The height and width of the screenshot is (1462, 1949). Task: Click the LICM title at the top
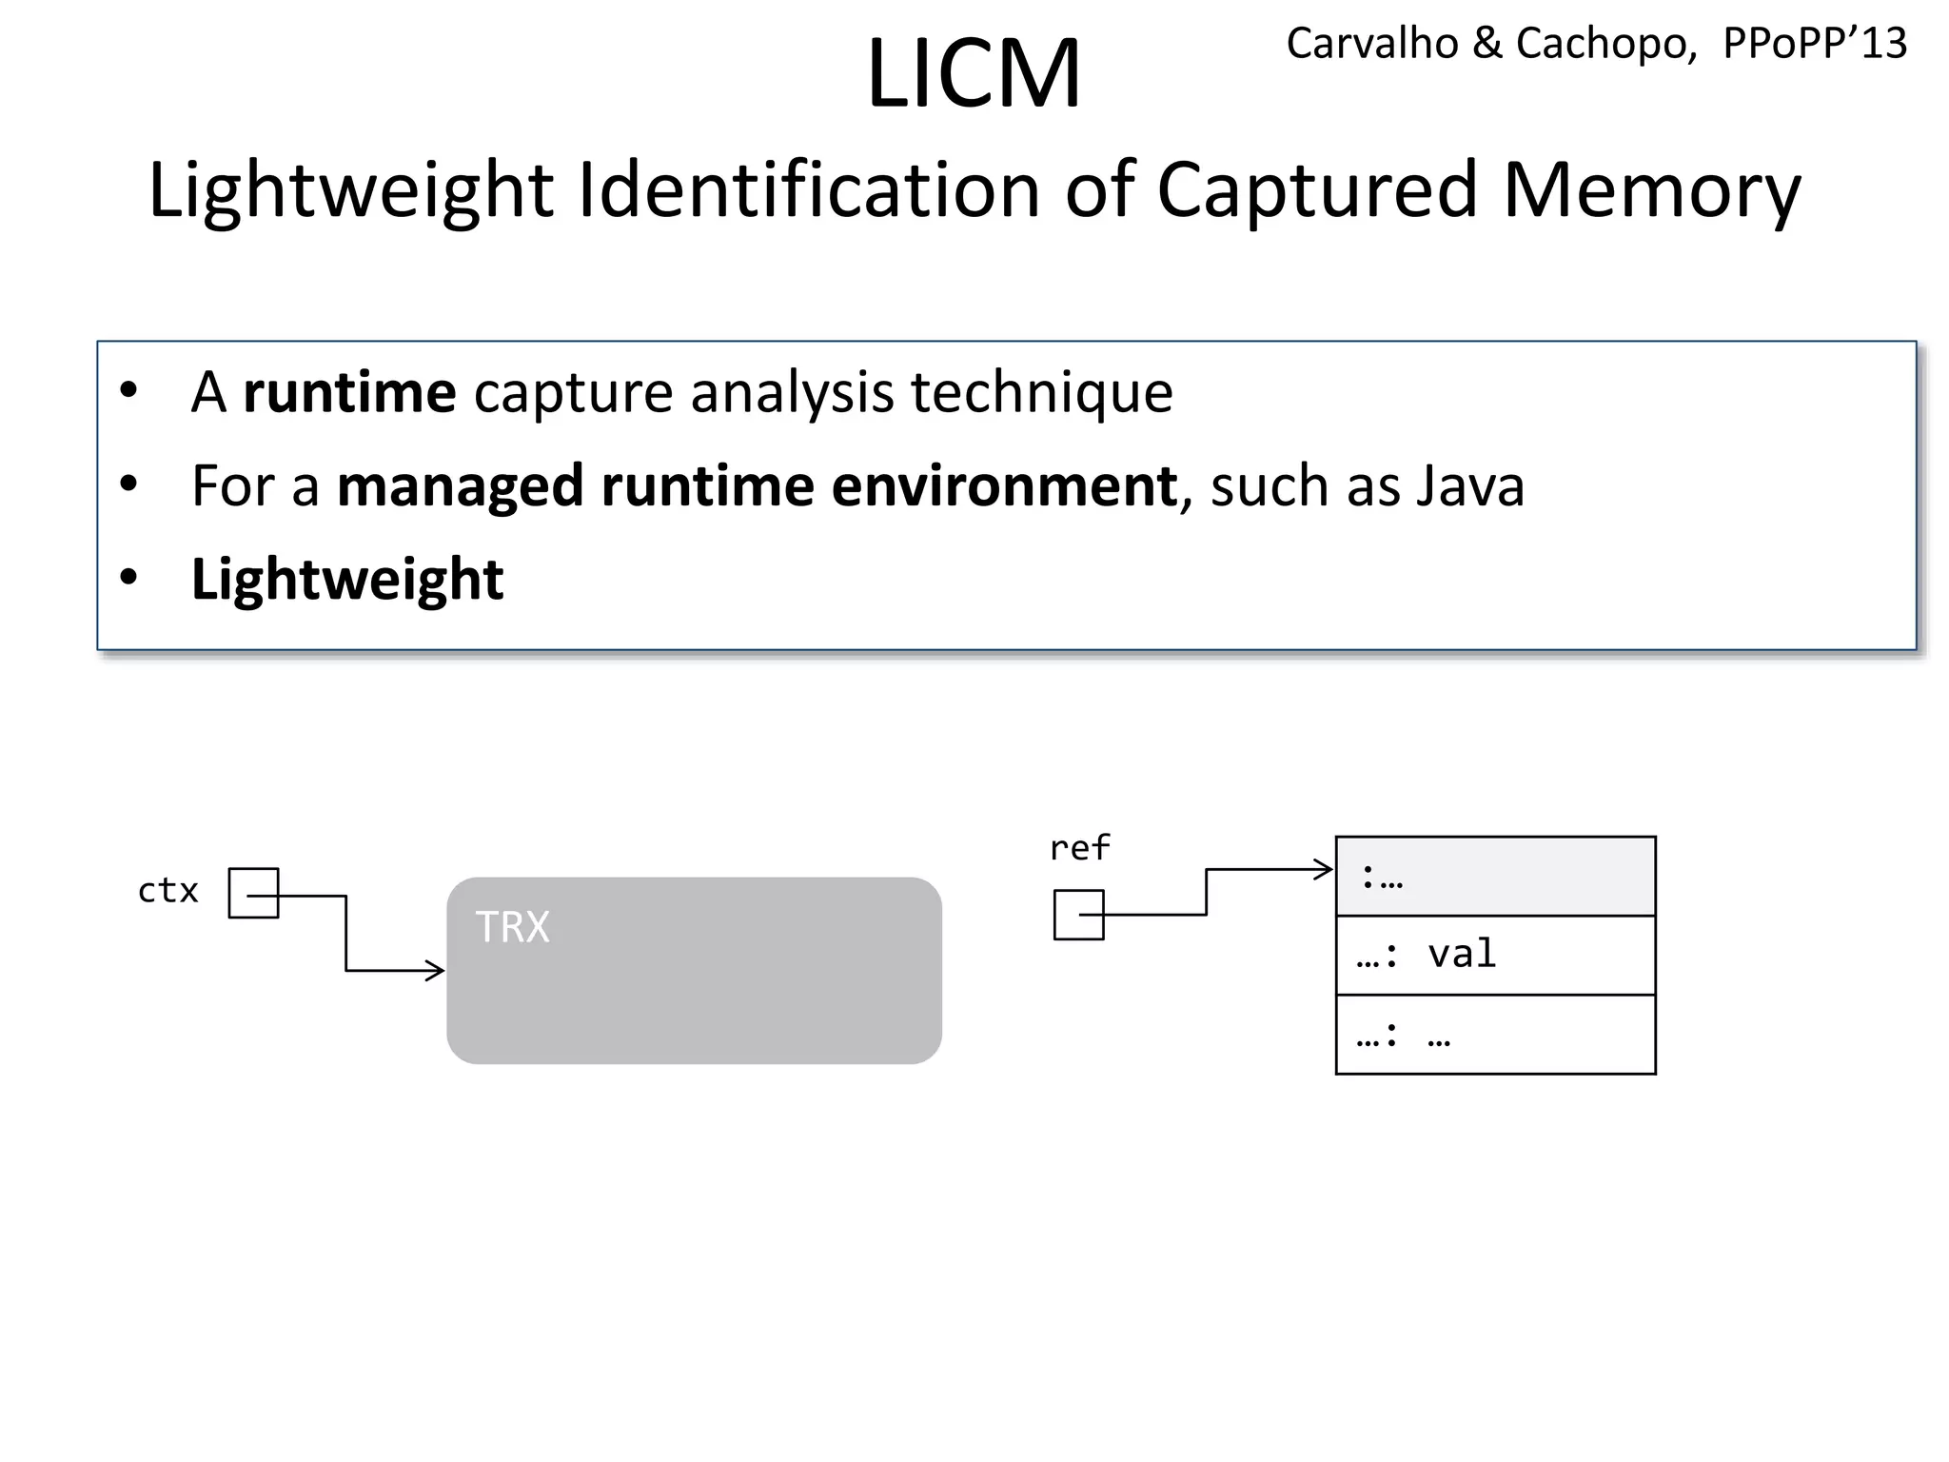pos(974,74)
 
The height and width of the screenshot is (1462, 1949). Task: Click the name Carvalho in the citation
pos(1371,44)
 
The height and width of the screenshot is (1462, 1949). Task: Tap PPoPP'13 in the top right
pos(1814,44)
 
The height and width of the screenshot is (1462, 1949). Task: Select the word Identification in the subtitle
pos(809,190)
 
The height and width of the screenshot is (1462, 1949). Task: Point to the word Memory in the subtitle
pos(1651,190)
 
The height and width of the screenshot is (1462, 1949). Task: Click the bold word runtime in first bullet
pos(349,392)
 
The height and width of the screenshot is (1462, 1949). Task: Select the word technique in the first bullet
pos(1041,392)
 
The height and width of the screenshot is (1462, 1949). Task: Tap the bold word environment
pos(1004,486)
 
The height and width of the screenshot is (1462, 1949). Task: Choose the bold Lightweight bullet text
pos(347,579)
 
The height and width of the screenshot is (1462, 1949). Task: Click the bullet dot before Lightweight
pos(128,578)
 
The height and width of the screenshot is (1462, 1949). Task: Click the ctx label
pos(168,891)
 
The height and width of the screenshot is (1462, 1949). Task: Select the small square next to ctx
pos(253,893)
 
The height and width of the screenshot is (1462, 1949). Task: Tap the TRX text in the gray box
pos(512,926)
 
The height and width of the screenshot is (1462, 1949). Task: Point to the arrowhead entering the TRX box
pos(436,971)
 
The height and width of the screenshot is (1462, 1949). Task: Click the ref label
pos(1079,848)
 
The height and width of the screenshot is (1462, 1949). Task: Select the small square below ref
pos(1078,915)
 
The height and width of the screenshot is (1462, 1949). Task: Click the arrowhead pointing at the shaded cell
pos(1324,869)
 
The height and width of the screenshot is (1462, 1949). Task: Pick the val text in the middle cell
pos(1462,954)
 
